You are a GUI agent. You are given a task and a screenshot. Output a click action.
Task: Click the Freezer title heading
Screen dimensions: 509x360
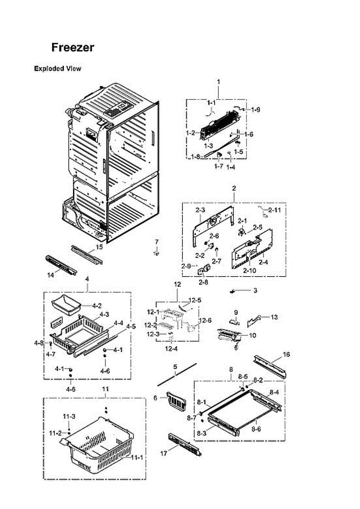coord(73,47)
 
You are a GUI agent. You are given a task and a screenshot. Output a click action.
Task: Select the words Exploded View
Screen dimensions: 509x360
coord(57,68)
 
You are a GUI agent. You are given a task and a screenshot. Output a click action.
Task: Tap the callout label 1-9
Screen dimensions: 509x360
coord(255,110)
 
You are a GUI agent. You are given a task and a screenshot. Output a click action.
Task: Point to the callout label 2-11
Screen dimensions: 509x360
coord(274,210)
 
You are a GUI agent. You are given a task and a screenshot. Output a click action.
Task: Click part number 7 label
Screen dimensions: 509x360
coord(157,242)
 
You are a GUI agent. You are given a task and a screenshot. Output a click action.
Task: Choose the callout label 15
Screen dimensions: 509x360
coord(99,247)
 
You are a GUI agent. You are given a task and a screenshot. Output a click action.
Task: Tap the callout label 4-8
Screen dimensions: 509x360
coord(39,343)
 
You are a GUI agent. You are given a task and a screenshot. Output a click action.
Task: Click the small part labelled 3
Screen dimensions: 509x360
coord(232,291)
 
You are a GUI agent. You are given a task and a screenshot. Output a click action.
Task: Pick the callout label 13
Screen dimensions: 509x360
coord(274,317)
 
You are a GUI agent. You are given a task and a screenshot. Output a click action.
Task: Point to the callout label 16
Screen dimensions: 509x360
coord(287,354)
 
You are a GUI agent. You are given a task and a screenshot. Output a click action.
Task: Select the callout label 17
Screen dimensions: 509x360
coord(164,453)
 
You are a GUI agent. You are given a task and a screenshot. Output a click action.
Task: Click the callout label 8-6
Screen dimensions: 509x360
coord(256,429)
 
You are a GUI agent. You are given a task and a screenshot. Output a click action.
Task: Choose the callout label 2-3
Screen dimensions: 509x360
coord(201,210)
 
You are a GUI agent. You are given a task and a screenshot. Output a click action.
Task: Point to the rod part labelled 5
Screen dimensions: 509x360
coord(178,374)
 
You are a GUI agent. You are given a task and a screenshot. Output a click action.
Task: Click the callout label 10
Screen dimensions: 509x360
coord(252,335)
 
